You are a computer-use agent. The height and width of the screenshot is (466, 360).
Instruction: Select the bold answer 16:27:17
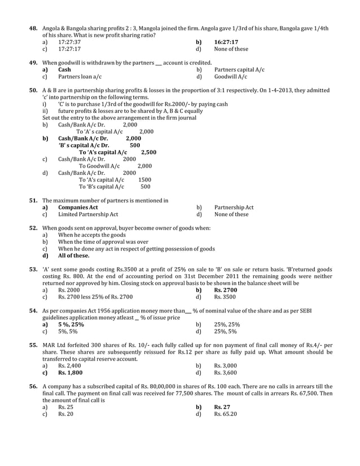[226, 42]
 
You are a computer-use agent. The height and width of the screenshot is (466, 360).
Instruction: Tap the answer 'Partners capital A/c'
[239, 69]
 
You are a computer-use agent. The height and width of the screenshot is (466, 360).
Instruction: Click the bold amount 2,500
[148, 152]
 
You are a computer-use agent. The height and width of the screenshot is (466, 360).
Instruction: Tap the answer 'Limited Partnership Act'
[88, 214]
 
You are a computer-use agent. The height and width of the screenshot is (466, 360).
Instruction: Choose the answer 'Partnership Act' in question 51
[234, 208]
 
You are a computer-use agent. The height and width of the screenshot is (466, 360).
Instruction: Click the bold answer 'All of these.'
[73, 256]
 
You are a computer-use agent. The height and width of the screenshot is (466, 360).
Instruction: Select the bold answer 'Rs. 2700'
[226, 290]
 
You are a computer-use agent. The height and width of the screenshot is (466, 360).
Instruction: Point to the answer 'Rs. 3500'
[225, 297]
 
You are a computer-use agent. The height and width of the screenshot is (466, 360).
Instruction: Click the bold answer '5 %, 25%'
[71, 324]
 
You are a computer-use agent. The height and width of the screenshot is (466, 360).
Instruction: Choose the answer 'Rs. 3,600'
[226, 372]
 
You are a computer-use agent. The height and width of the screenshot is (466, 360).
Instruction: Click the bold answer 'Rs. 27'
[222, 407]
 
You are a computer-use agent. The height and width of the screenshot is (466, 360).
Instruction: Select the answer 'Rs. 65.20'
[226, 414]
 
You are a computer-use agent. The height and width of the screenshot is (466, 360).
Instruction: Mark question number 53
[33, 270]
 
